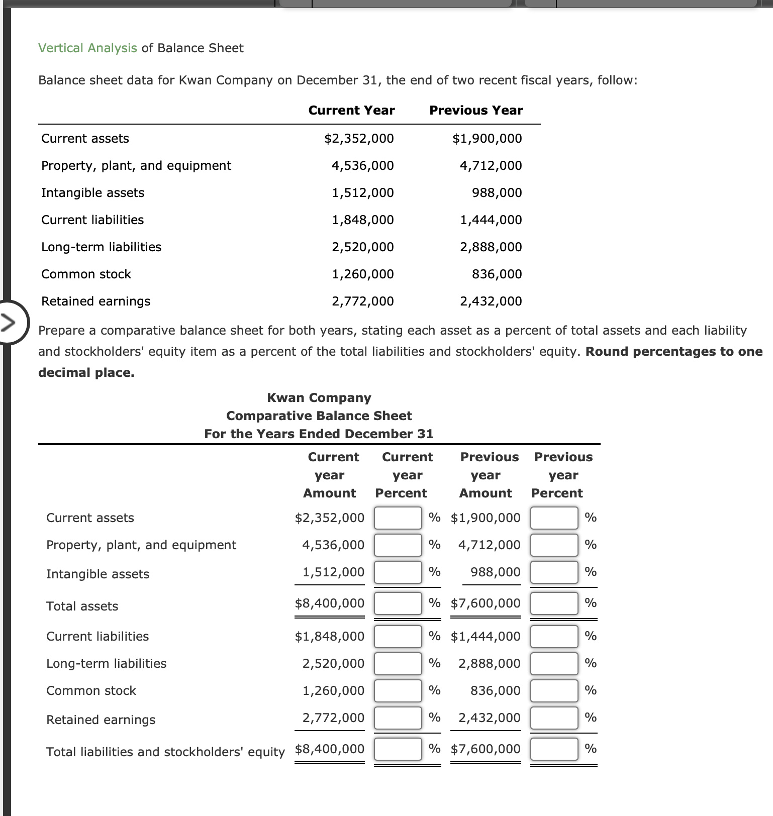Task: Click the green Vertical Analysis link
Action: [87, 48]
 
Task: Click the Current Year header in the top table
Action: [351, 111]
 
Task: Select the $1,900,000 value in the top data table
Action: [487, 139]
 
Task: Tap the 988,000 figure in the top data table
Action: [497, 193]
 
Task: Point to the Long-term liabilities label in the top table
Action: [101, 247]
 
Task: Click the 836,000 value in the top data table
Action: [497, 274]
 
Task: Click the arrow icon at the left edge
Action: [9, 322]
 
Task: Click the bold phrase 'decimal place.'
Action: [86, 373]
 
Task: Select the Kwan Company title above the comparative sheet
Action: [319, 398]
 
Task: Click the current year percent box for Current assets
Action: [398, 518]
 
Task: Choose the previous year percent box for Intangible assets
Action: [554, 572]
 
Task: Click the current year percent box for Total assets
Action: [398, 603]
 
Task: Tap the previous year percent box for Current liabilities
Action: [554, 637]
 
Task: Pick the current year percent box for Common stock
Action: [398, 691]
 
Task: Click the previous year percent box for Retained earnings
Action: [554, 718]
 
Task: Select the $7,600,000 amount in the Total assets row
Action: [486, 603]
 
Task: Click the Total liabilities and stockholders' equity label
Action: [165, 752]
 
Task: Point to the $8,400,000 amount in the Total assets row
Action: [329, 603]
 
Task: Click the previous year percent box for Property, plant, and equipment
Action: [554, 545]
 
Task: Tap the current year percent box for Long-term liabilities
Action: [398, 664]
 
